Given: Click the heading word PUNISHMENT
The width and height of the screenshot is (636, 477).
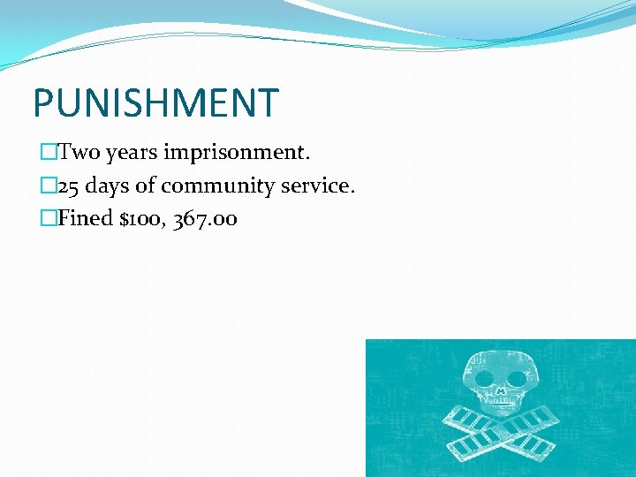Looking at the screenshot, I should [x=155, y=103].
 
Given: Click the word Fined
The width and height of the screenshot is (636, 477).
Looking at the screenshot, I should [x=86, y=218].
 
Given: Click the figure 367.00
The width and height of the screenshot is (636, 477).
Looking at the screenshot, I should [x=205, y=218].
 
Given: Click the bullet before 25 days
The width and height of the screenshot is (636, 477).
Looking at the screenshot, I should [x=47, y=186].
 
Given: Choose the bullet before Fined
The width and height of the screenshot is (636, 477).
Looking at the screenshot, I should [x=47, y=218].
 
